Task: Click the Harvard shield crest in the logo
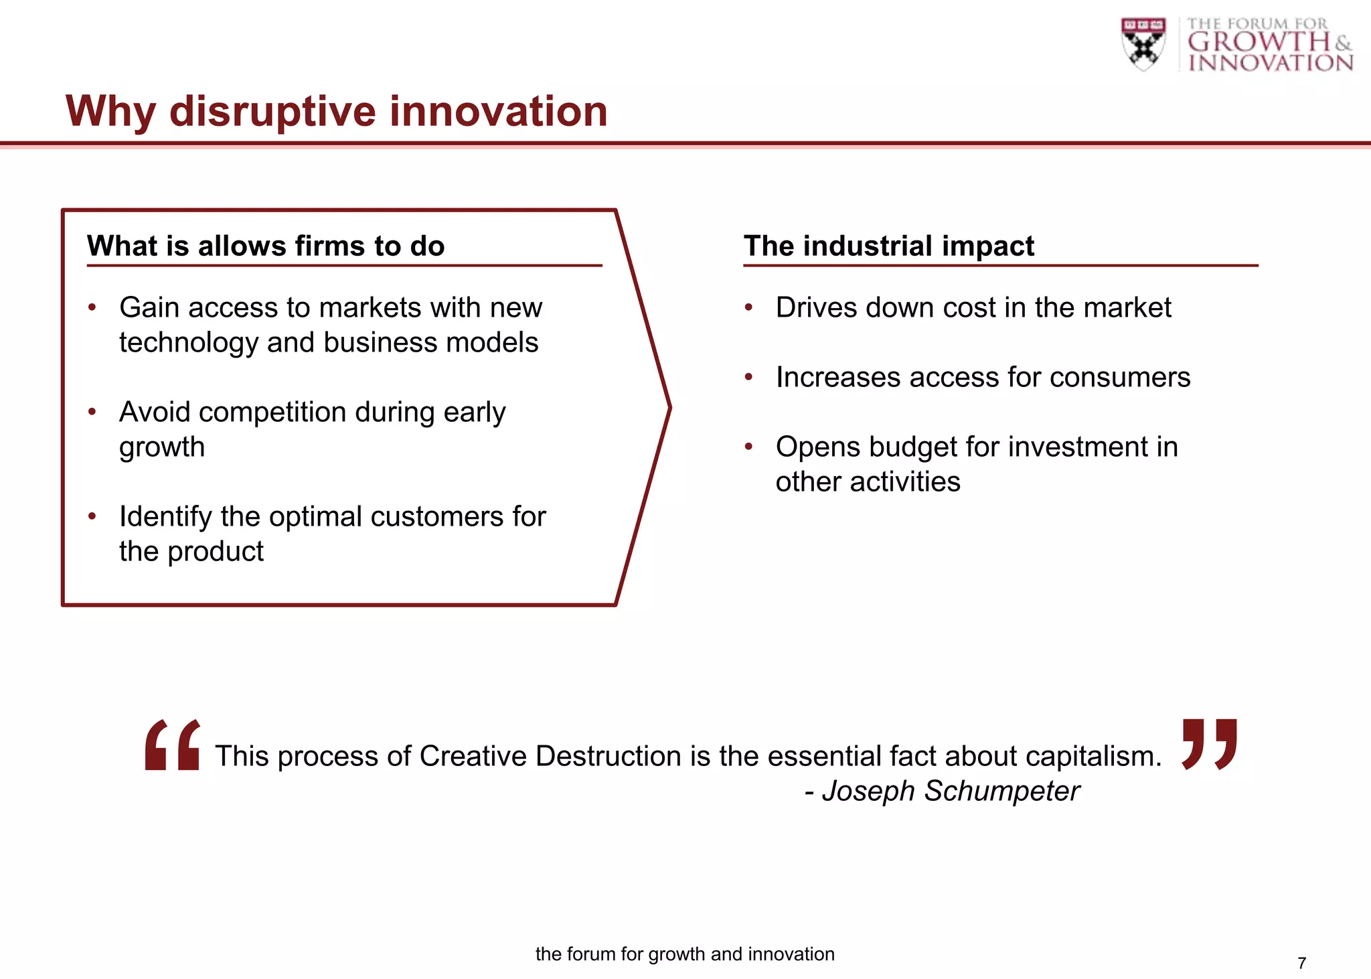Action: [1143, 44]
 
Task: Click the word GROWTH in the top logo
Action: [1259, 42]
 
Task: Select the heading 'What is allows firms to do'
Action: [266, 246]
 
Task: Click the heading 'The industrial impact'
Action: [888, 246]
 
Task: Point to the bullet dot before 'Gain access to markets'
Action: [92, 307]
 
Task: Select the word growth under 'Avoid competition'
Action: [162, 447]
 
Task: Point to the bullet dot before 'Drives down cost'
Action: [749, 307]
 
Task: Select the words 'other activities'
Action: [868, 481]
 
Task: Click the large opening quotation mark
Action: [172, 745]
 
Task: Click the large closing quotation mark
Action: [1209, 743]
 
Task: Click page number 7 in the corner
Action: [1301, 963]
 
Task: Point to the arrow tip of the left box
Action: [668, 406]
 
